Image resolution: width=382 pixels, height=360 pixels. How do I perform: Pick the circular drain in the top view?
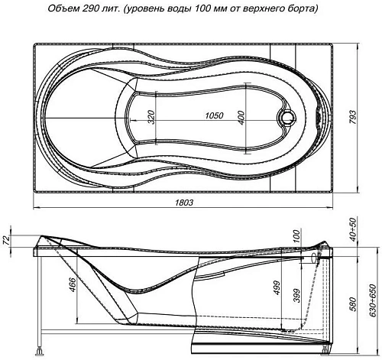point(289,118)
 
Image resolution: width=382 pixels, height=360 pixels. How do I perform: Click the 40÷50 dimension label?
point(354,230)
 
